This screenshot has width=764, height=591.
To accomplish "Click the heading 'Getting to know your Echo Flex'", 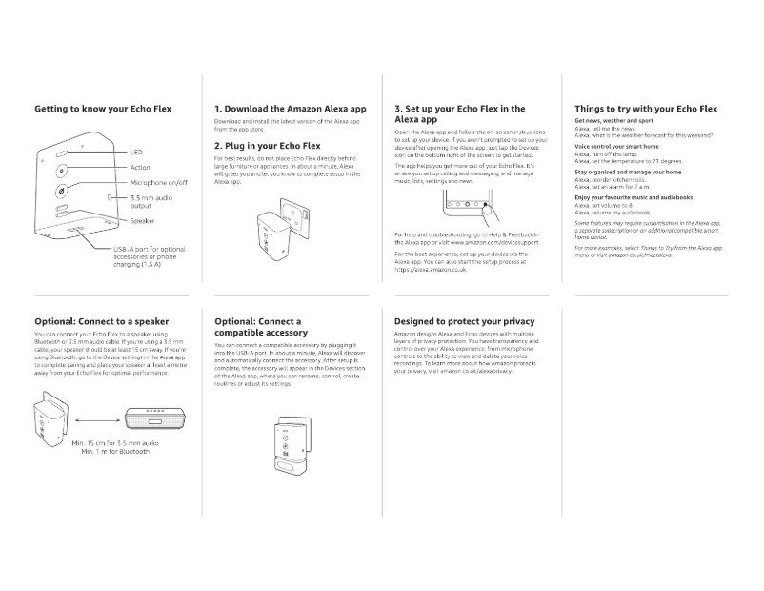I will tap(103, 110).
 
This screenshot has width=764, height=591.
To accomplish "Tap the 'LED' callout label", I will tap(135, 153).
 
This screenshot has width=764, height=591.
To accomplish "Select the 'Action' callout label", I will tap(140, 168).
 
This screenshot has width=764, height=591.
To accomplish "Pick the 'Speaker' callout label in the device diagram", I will tap(143, 221).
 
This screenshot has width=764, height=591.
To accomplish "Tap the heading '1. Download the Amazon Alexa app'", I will tap(290, 110).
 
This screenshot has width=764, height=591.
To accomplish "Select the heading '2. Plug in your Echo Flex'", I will tap(267, 146).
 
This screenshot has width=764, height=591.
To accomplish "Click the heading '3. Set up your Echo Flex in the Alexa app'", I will tap(459, 114).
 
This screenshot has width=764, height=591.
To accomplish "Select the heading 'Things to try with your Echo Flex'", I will tap(646, 110).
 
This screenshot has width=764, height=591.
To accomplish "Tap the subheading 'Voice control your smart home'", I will tap(616, 147).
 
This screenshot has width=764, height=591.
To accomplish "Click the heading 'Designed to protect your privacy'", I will tap(465, 321).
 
